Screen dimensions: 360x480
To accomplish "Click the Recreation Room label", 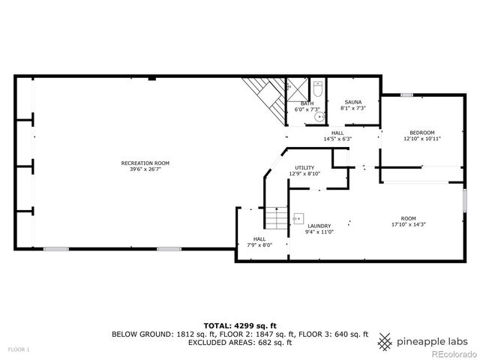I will [x=145, y=163].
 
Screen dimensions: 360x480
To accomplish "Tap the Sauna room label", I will [x=352, y=102].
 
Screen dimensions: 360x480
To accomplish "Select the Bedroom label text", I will [x=422, y=132].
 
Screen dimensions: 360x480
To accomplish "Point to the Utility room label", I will [x=304, y=168].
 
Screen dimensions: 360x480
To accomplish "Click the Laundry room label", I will [x=319, y=226].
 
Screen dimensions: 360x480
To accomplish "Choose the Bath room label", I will [x=307, y=103].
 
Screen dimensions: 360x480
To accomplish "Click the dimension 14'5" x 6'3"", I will [x=337, y=139].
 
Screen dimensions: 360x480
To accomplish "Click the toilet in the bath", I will [x=317, y=91].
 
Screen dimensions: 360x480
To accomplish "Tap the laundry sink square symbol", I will [x=297, y=214].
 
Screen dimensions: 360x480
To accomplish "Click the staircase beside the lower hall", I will [x=278, y=218].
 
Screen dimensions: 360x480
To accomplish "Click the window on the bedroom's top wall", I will [x=406, y=94].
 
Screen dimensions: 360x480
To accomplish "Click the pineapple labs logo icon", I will [x=385, y=340].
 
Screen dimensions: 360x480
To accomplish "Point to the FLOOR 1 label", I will [x=19, y=349].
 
